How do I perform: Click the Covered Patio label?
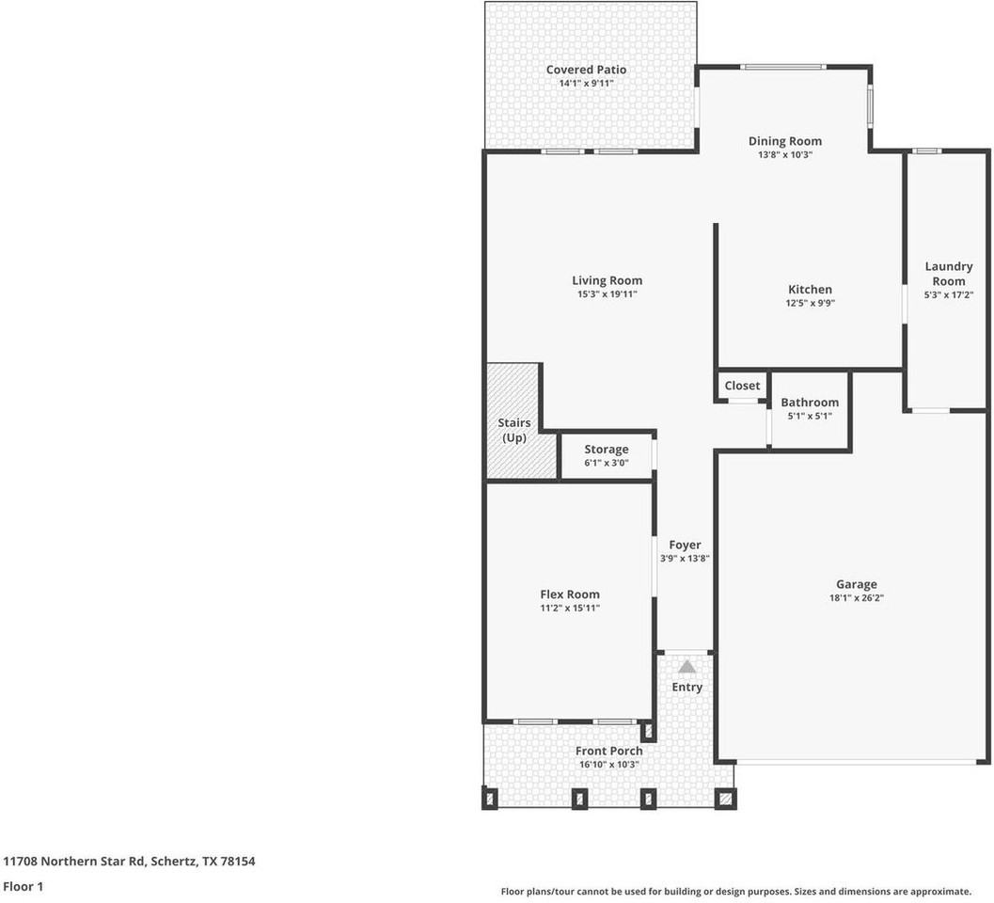click(586, 70)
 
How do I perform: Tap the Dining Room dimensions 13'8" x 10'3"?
click(784, 155)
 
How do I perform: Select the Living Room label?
click(607, 280)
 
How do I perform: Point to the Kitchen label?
click(809, 290)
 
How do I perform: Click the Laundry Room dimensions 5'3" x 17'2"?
click(948, 295)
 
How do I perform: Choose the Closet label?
click(742, 386)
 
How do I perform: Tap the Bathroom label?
click(809, 403)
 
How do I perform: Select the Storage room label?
click(606, 450)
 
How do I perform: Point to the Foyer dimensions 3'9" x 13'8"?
click(684, 559)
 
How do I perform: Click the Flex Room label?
click(569, 594)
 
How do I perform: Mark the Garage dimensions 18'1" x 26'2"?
click(856, 598)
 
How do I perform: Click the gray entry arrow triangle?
click(686, 667)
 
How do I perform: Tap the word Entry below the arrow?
click(686, 688)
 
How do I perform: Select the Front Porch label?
click(609, 751)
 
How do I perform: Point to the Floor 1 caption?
click(23, 886)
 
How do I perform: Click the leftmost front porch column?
click(489, 799)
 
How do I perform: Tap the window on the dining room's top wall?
click(782, 67)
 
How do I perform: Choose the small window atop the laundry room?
click(927, 150)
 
